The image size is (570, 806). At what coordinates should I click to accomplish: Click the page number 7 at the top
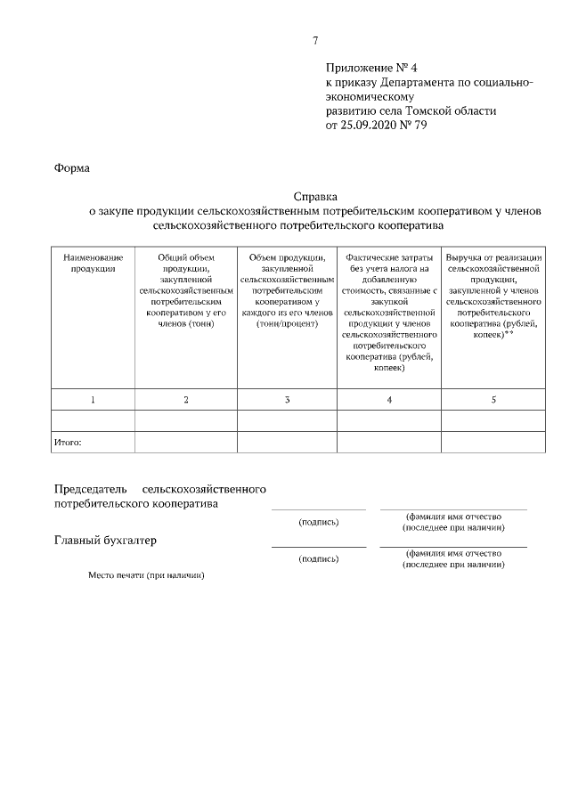pos(315,40)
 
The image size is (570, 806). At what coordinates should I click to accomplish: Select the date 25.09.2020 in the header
pos(371,126)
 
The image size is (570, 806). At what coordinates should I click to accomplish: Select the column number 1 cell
pos(93,400)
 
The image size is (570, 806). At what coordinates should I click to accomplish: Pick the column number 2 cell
pos(186,400)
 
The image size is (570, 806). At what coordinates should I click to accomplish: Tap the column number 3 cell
pos(287,400)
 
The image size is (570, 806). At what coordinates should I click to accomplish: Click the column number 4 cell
pos(389,400)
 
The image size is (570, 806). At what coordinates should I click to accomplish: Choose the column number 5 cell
pos(493,400)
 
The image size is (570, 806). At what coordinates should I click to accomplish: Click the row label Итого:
pos(69,441)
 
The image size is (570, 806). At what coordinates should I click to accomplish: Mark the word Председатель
pos(91,489)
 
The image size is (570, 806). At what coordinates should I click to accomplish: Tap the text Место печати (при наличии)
pos(146,575)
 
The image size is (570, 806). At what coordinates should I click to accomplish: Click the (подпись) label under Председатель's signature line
pos(319,522)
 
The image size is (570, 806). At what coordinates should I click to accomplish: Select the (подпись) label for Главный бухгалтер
pos(319,559)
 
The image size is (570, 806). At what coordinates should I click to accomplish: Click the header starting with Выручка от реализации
pos(493,297)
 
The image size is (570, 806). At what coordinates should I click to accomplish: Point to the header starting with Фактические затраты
pos(389,311)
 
